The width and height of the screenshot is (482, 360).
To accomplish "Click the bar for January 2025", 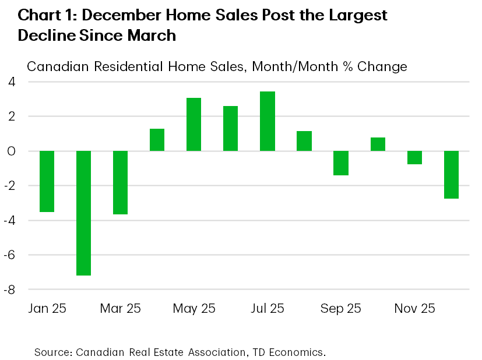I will coord(47,181).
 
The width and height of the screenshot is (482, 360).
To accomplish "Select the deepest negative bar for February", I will coord(83,213).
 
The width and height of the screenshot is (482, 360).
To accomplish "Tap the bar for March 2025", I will coord(120,182).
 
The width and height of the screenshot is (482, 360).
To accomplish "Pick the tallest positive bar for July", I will coord(267,121).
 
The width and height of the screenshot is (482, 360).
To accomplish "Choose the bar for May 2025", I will coord(193,124).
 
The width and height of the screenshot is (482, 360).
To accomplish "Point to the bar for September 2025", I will coord(341,163).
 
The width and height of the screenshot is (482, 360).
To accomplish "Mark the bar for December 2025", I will coord(451,175).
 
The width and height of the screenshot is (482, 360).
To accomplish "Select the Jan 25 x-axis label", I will coord(47,308).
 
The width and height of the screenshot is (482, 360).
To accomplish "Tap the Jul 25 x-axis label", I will coord(267,308).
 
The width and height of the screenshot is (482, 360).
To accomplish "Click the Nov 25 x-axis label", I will coord(414,308).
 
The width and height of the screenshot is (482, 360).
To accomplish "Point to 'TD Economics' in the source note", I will coord(290,352).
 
